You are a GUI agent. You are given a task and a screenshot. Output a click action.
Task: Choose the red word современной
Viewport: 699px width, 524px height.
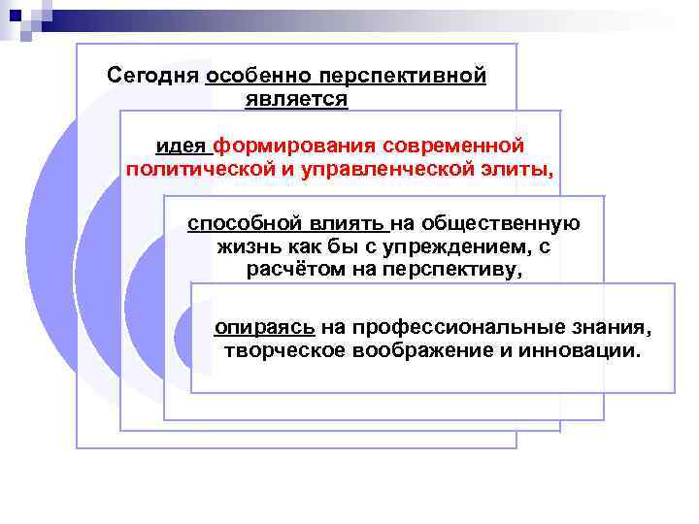pos(453,146)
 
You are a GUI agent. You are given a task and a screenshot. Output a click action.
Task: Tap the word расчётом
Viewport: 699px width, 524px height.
pos(293,270)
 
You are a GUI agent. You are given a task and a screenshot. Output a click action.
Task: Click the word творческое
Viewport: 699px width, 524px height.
pos(284,350)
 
